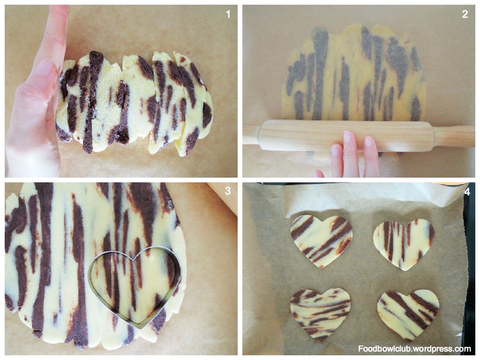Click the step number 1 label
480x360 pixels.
[x=228, y=14]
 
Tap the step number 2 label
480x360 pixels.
[x=465, y=14]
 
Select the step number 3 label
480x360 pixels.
[x=228, y=191]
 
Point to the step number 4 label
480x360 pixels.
[x=467, y=192]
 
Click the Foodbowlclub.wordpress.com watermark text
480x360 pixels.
[x=414, y=349]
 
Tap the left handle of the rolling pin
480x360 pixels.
[x=252, y=135]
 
